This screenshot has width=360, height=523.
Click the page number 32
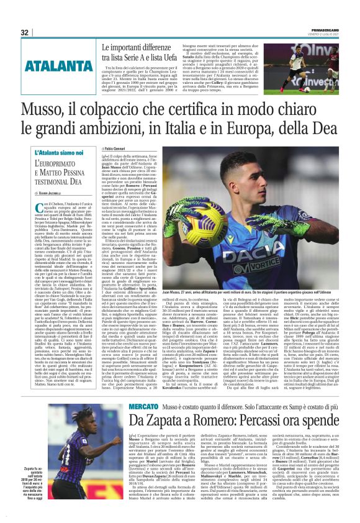[x=24, y=32]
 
